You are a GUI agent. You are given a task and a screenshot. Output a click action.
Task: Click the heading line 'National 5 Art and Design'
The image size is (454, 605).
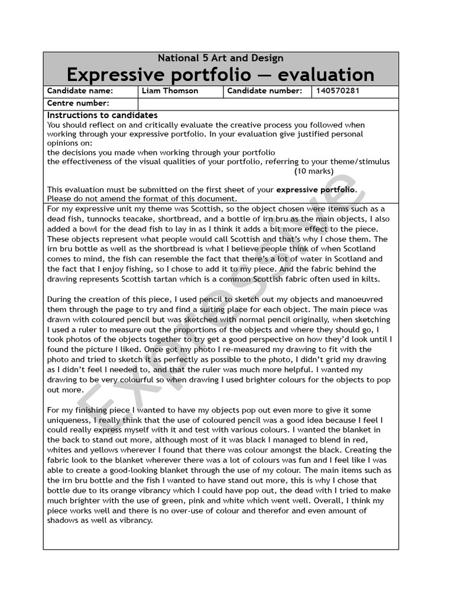(x=220, y=58)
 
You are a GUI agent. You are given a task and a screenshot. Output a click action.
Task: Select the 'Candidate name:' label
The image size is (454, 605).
(x=80, y=91)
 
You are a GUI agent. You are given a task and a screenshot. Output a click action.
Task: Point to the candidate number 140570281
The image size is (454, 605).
(x=338, y=91)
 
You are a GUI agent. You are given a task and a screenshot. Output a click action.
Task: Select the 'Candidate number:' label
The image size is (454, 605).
(x=264, y=91)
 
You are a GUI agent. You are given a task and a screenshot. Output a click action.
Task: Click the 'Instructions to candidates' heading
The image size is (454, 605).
(x=102, y=115)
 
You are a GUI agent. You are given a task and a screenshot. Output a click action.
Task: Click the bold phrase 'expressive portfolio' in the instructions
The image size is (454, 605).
(x=316, y=190)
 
